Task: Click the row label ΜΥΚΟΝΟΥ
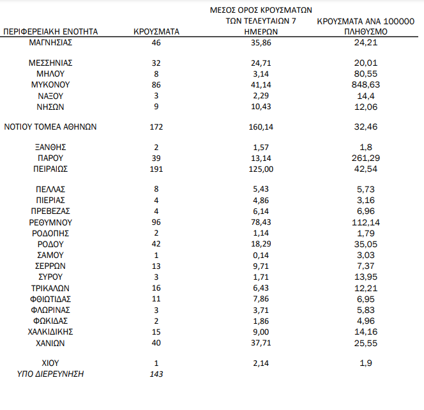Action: [x=50, y=84]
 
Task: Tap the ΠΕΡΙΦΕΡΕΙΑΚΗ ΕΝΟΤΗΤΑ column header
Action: [x=50, y=31]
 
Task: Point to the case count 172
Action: [x=156, y=126]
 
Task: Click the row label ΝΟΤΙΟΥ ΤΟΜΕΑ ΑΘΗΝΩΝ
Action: [x=50, y=126]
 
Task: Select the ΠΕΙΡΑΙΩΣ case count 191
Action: [x=156, y=169]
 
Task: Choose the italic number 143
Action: [x=156, y=374]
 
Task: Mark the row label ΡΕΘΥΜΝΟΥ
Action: [x=50, y=222]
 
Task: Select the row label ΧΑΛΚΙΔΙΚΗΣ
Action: [x=50, y=331]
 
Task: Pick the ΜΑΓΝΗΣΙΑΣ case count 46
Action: [x=156, y=42]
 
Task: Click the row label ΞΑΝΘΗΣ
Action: [x=50, y=148]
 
